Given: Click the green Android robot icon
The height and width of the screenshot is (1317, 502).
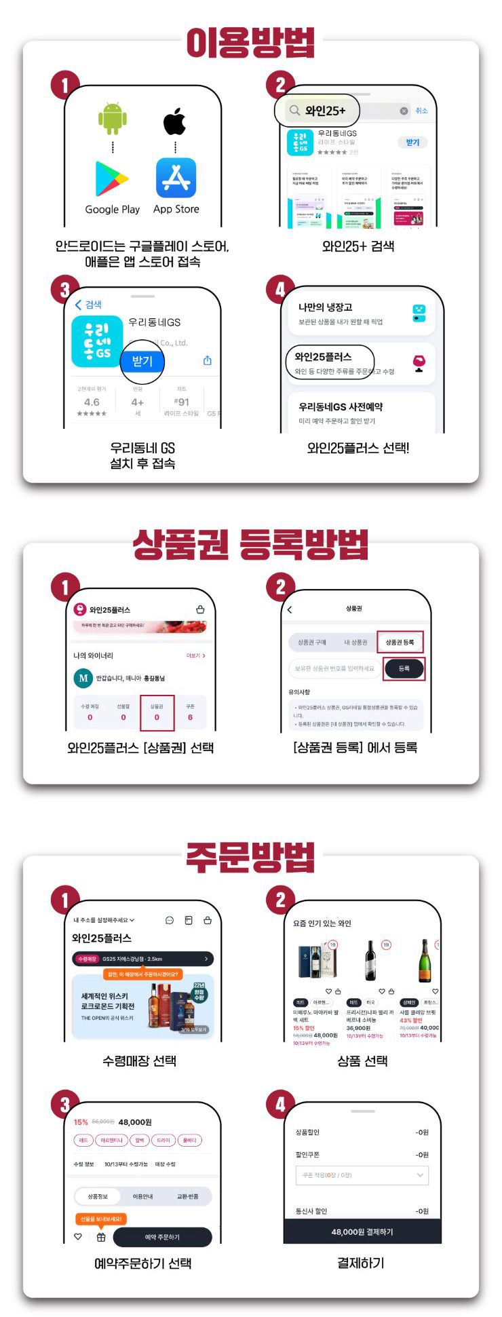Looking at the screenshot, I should tap(113, 119).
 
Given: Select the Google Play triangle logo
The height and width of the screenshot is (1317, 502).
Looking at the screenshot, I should tap(112, 178).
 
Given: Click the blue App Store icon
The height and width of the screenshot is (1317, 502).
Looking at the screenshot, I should tap(176, 178).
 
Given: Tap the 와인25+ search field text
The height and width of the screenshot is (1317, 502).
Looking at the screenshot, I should tap(325, 111).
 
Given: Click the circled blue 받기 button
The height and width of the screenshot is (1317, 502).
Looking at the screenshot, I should tap(142, 361).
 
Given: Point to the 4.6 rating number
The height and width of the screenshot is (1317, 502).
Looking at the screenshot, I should tap(92, 402).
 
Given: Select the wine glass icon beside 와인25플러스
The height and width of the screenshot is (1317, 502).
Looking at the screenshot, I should tap(419, 362).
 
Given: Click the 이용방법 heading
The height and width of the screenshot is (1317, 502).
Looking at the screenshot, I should tap(250, 43).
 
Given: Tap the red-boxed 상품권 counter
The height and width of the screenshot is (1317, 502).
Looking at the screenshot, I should tap(157, 712).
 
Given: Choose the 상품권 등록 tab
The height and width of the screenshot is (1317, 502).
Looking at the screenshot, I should tap(400, 642).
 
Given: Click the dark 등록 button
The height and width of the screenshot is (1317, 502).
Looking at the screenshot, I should tap(404, 668).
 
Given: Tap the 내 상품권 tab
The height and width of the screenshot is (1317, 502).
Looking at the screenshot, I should tap(355, 642).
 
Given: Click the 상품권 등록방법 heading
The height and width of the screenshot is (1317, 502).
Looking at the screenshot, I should tap(250, 545).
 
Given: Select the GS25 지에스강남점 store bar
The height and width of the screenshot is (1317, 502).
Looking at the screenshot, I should tap(142, 959).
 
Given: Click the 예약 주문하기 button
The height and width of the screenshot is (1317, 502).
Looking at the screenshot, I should tap(162, 1237).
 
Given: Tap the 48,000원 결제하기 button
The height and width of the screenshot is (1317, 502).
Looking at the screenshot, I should tap(362, 1232).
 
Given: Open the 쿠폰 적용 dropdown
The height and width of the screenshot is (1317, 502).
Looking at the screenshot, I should tap(362, 1175).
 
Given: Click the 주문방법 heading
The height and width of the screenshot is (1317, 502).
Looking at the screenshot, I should tap(250, 857).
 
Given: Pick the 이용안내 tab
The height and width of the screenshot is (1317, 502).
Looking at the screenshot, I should tap(142, 1196).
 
